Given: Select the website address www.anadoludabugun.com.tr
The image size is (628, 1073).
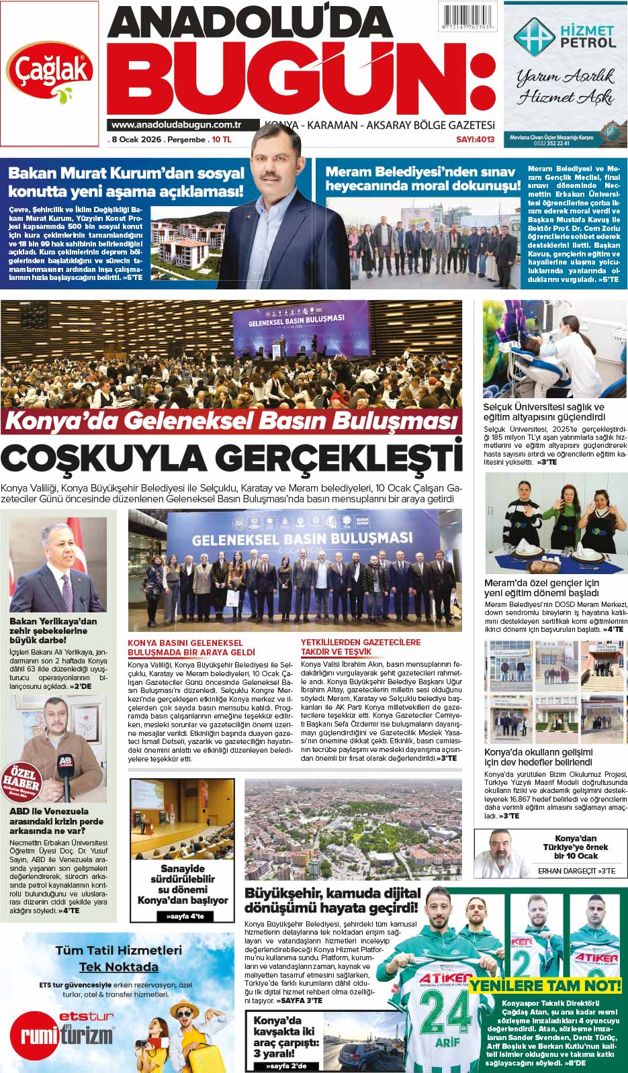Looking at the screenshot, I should [x=177, y=125].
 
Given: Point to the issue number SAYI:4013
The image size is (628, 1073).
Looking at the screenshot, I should [x=476, y=140].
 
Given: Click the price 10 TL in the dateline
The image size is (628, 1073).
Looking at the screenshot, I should [x=222, y=140].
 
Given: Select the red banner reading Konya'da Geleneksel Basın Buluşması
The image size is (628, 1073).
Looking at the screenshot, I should [x=232, y=421].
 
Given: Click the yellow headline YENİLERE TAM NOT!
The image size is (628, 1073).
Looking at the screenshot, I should [x=545, y=985].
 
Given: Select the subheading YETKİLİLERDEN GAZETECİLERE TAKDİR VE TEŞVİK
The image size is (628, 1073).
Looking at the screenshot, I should [x=361, y=647].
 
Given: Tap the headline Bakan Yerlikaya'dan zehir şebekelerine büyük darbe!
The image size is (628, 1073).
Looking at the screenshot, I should [x=53, y=631].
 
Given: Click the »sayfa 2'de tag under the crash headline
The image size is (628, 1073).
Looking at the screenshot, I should [x=285, y=1066].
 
